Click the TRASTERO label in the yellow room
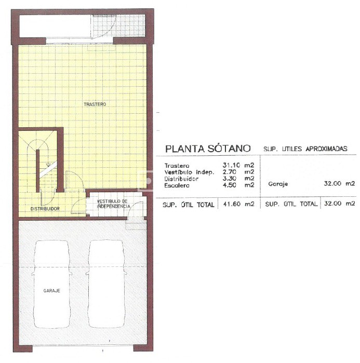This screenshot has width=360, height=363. pos(95,104)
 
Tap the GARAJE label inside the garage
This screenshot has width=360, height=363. pos(52,291)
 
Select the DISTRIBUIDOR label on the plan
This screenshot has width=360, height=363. pos(44,209)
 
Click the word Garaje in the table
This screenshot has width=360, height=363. pos(279,184)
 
